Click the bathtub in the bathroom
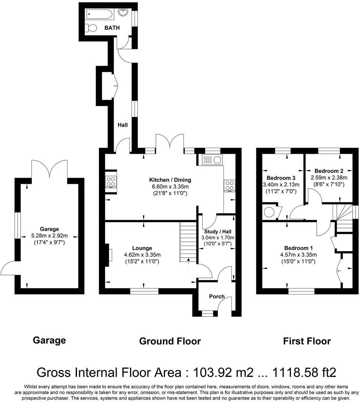point(99,14)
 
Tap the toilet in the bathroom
point(91,28)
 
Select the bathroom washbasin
point(123,12)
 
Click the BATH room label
point(112,28)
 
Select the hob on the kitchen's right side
point(229,185)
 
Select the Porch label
point(217,296)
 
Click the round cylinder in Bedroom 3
point(269,212)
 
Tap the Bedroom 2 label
point(329,171)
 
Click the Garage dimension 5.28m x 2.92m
point(49,236)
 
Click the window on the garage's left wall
point(17,225)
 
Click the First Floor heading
point(307,341)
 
